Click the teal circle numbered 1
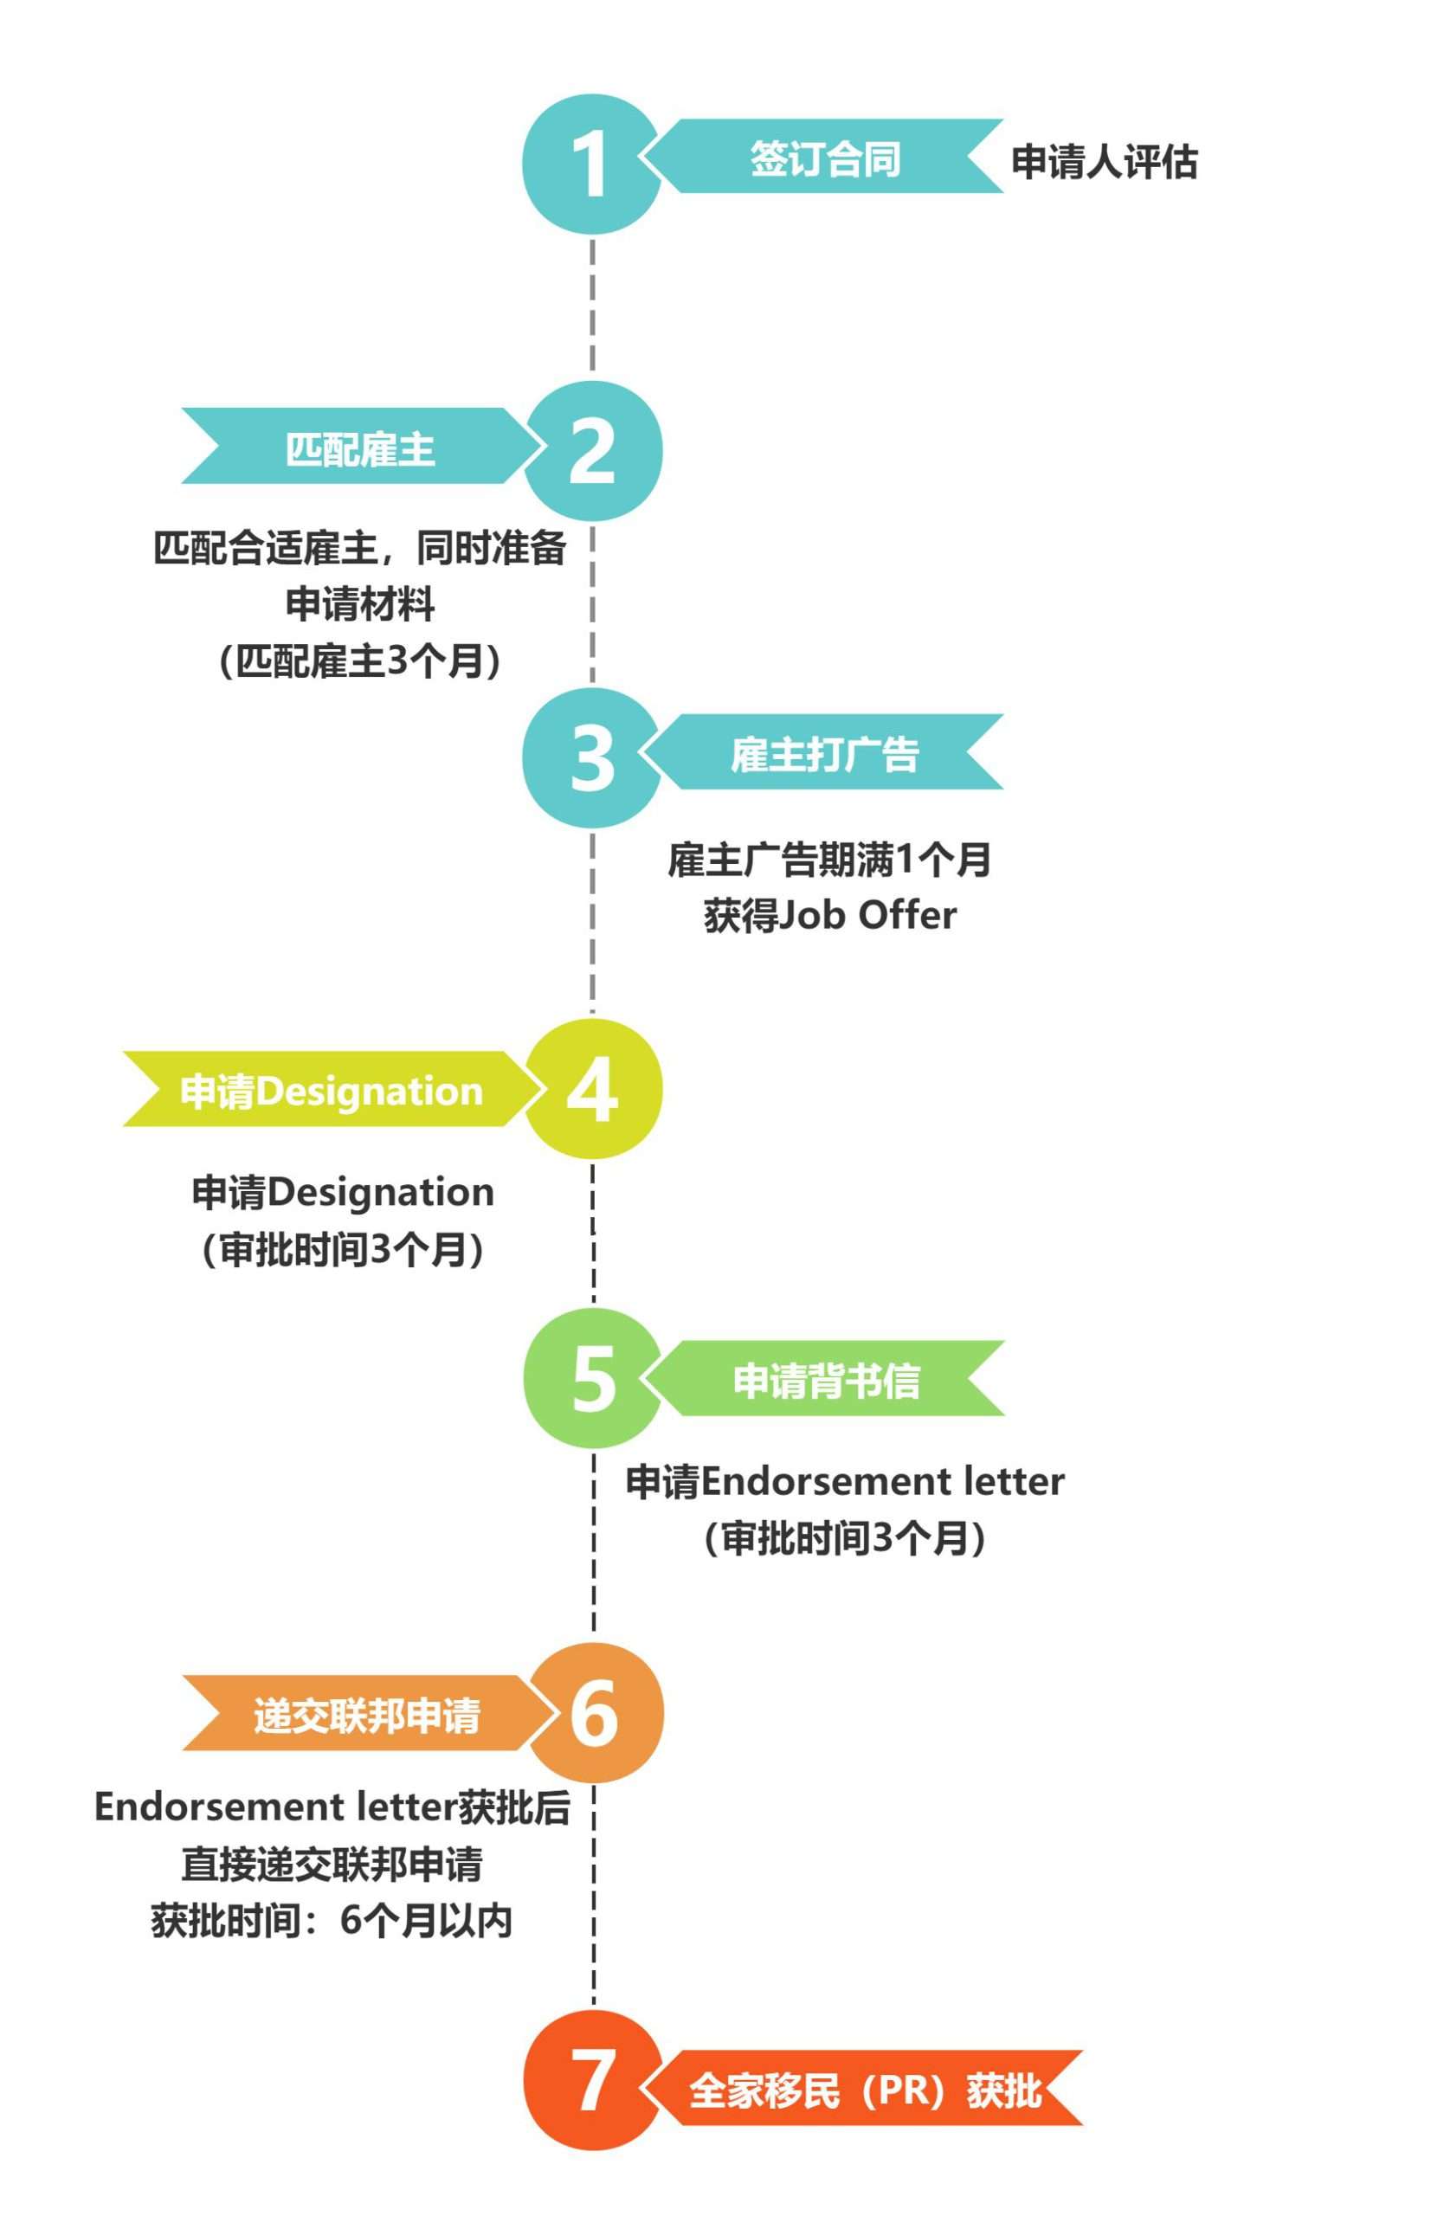click(x=591, y=164)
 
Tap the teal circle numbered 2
click(x=593, y=451)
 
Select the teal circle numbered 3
click(x=592, y=758)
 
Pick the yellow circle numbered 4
click(x=593, y=1089)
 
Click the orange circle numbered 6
click(x=594, y=1712)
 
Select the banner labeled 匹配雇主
click(x=360, y=446)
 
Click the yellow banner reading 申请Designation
click(x=331, y=1089)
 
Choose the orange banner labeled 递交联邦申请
click(x=366, y=1713)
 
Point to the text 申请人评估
click(x=1104, y=162)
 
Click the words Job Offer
click(x=867, y=915)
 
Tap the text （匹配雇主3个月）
click(x=360, y=661)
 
